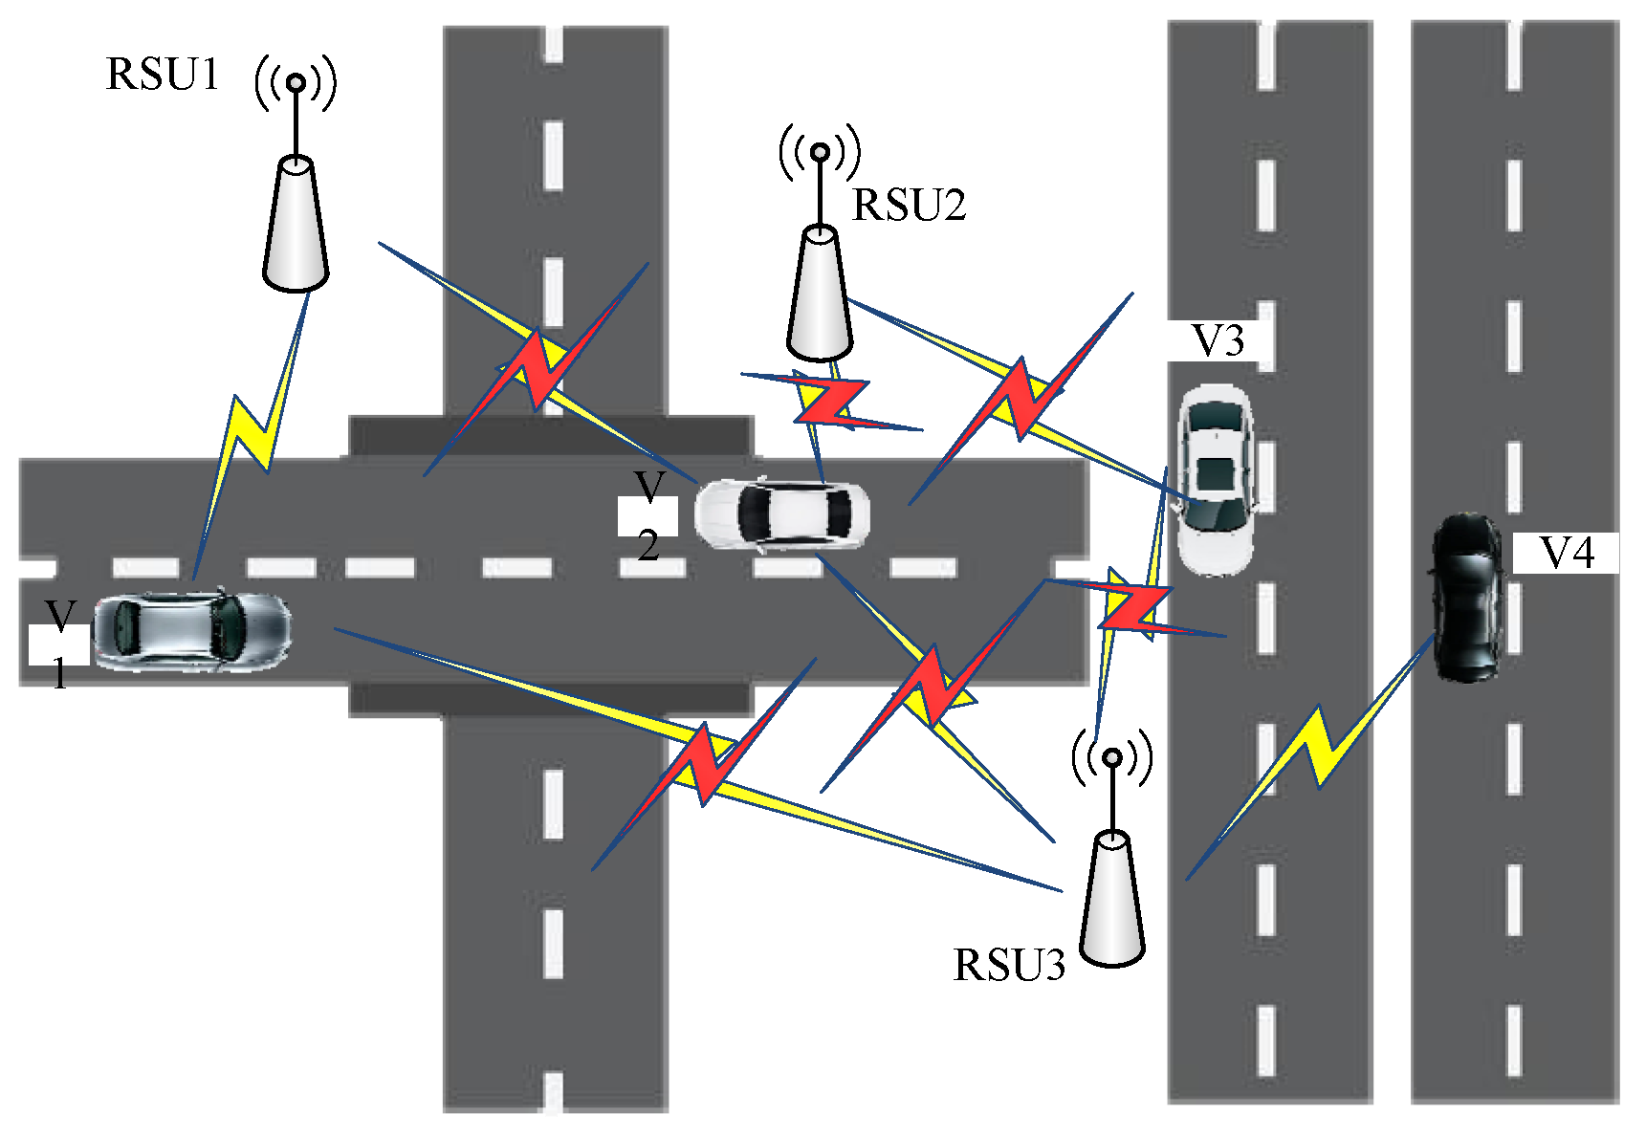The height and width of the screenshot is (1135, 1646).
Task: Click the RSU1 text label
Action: pos(163,75)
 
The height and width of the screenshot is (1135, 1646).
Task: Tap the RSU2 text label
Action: pos(909,206)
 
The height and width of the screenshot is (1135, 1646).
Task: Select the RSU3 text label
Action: pos(1008,966)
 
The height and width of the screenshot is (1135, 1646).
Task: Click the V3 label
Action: pos(1217,341)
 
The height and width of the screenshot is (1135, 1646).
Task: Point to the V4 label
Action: pos(1567,554)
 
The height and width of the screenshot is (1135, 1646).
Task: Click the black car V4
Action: pos(1465,598)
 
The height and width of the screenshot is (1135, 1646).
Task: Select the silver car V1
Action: pos(191,631)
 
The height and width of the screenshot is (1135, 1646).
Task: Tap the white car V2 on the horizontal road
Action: pos(782,513)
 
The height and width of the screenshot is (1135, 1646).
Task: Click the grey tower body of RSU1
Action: pos(296,225)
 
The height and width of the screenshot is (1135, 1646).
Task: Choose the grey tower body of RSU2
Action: pos(820,293)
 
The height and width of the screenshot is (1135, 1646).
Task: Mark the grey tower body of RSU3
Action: pos(1112,899)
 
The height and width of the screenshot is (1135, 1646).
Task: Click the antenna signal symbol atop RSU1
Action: pos(296,83)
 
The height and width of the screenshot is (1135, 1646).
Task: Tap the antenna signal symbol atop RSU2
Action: pos(820,151)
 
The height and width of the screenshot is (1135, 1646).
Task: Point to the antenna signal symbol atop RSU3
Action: pos(1111,758)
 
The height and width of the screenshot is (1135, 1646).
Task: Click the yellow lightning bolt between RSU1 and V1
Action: pos(251,430)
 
